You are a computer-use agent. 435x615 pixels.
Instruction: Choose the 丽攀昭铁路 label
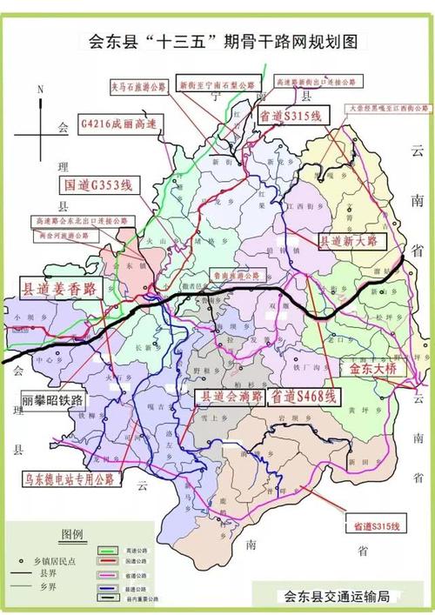[53, 400]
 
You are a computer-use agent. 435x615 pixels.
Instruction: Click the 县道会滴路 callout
[230, 397]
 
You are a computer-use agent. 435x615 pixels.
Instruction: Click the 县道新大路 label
[350, 241]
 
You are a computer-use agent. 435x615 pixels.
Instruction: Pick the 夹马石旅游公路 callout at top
[137, 87]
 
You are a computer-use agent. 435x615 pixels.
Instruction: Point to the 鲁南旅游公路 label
[237, 275]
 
